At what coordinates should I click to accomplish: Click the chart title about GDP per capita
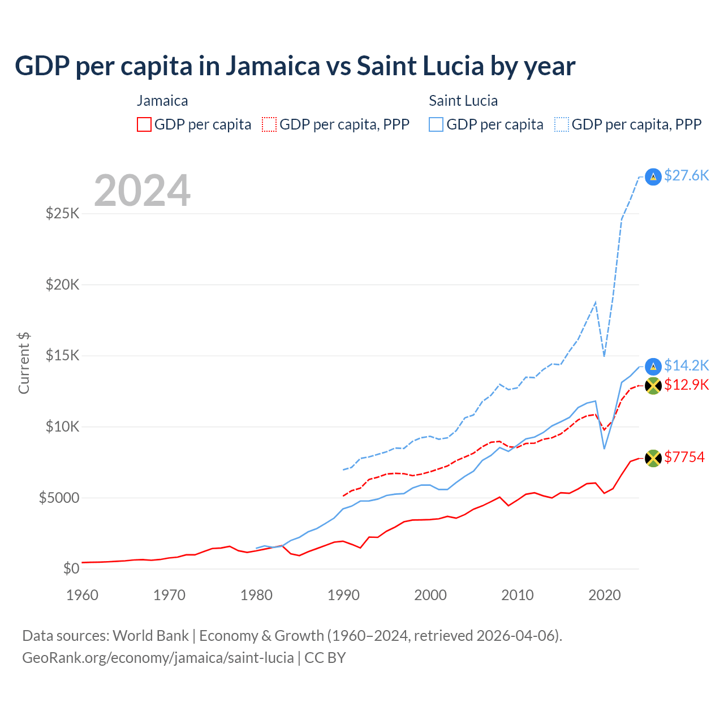[295, 66]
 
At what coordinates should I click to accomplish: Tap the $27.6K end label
[686, 176]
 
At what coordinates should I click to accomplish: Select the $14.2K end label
[686, 365]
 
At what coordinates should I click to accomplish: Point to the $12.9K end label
[686, 385]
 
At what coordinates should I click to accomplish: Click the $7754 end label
[684, 457]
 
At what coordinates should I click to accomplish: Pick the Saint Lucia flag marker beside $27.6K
[653, 177]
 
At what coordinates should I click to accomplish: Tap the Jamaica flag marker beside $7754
[653, 458]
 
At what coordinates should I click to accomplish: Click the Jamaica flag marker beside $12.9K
[653, 386]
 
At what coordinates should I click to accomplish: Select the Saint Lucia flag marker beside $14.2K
[653, 367]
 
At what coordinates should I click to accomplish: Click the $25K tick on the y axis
[63, 214]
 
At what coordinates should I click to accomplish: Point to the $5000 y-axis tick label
[59, 498]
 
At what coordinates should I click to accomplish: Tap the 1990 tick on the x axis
[343, 595]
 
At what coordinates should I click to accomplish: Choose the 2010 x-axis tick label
[518, 595]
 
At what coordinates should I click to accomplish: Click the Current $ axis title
[24, 363]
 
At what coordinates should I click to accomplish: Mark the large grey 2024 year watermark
[142, 191]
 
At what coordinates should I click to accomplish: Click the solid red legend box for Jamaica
[144, 124]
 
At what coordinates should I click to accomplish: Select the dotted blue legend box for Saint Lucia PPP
[562, 124]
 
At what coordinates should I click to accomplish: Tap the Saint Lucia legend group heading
[463, 101]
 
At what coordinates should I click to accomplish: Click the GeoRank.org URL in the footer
[158, 658]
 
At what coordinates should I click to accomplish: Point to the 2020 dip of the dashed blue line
[605, 356]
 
